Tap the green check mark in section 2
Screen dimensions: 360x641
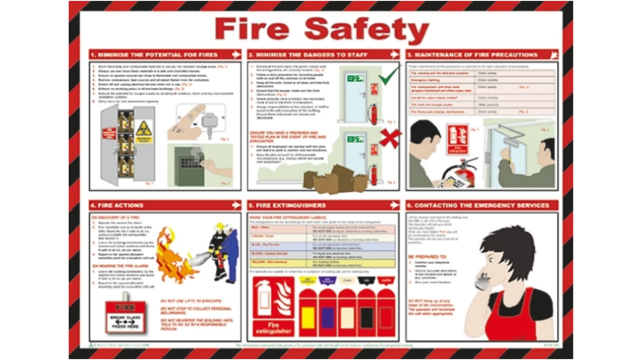point(389,77)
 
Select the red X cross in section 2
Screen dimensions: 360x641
point(390,137)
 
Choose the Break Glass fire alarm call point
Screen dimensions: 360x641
point(125,317)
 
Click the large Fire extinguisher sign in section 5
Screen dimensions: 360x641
point(273,306)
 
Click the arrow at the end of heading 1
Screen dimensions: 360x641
point(236,55)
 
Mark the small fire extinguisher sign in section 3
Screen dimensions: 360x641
point(457,139)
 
